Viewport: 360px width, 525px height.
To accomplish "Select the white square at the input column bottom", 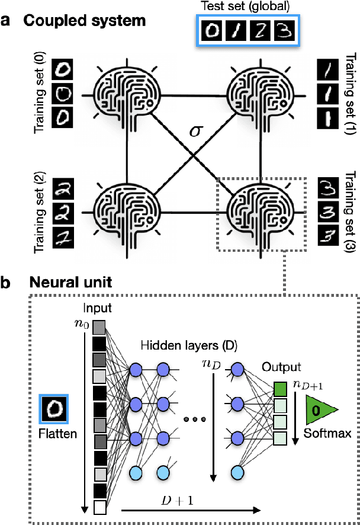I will click(99, 508).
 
